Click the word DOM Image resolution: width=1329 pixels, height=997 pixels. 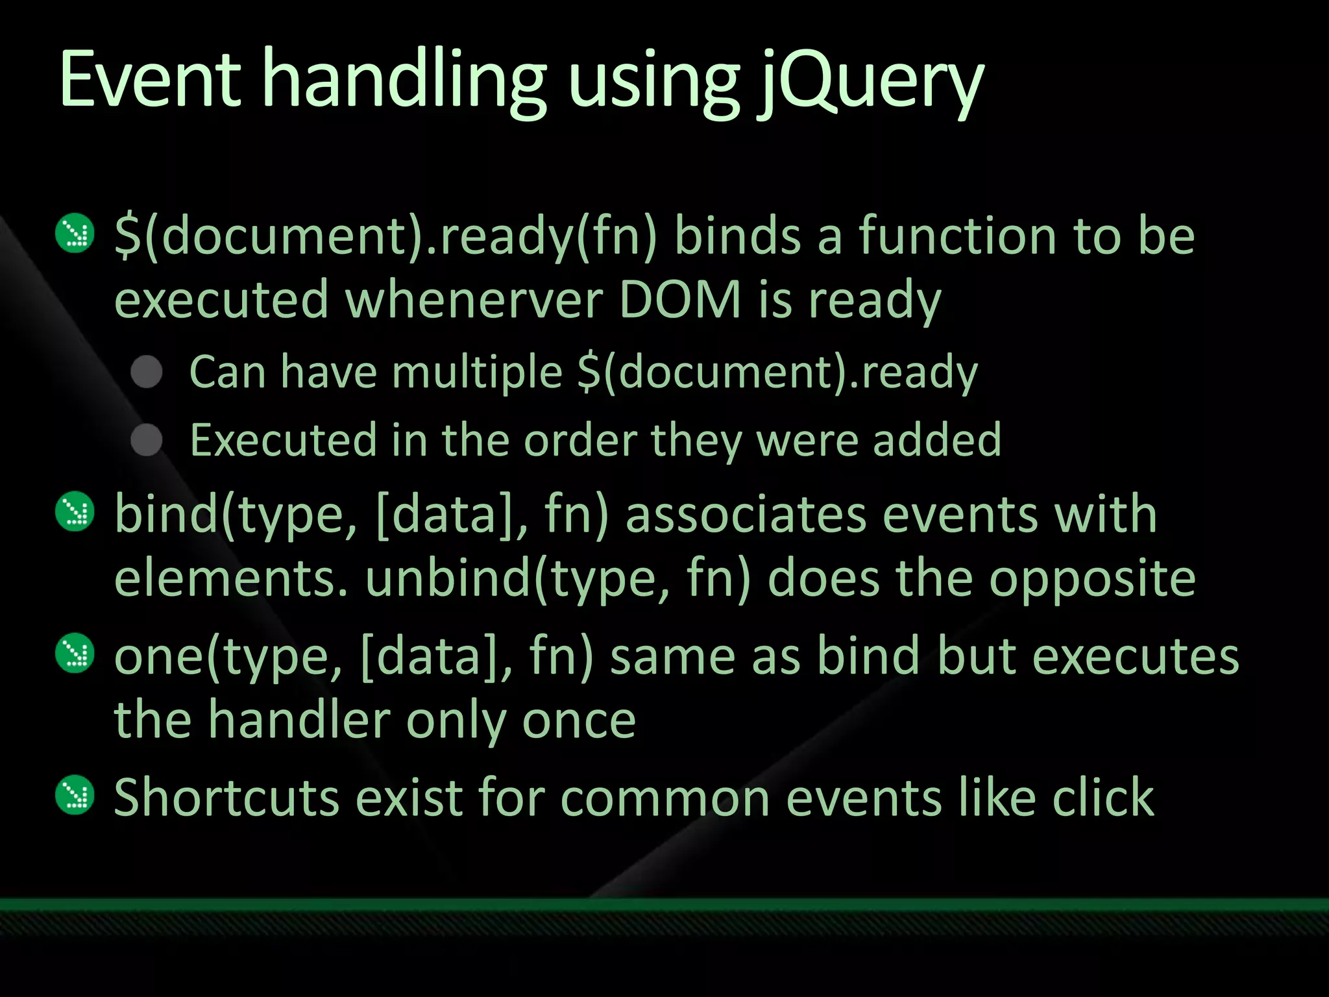tap(680, 300)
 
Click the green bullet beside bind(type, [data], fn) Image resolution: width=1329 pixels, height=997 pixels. tap(76, 512)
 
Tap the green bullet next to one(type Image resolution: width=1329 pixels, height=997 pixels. tap(76, 653)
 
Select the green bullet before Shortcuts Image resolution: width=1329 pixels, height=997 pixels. tap(76, 794)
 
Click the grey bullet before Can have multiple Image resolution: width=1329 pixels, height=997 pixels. tap(147, 373)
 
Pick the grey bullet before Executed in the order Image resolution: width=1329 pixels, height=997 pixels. tap(147, 441)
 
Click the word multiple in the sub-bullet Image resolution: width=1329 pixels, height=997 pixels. tap(477, 373)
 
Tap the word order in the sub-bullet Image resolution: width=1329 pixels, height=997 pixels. tap(580, 441)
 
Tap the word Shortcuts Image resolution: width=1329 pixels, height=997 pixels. tap(226, 797)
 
